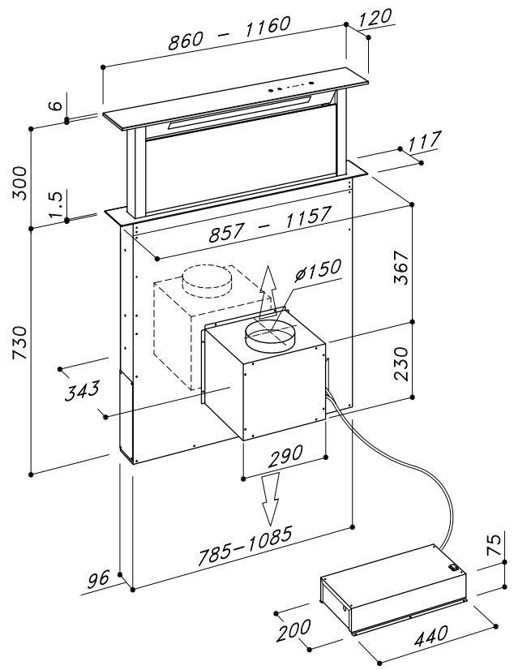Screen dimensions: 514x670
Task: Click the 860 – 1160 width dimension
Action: coord(229,33)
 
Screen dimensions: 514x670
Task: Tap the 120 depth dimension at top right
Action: coord(375,17)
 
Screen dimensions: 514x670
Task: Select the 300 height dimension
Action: coord(19,183)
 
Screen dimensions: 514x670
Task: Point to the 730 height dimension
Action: coord(19,342)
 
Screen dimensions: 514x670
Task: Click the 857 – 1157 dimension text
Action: coord(270,224)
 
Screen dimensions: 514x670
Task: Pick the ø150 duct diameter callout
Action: coord(318,269)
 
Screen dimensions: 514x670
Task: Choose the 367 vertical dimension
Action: coord(401,267)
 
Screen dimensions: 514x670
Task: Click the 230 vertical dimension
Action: coord(401,363)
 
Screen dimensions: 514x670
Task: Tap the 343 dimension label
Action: coord(82,390)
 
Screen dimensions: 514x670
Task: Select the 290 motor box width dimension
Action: coord(285,456)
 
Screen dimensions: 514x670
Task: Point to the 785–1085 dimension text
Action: coord(245,546)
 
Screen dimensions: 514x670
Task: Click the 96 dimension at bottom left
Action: coord(99,579)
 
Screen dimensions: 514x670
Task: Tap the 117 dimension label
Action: coord(424,142)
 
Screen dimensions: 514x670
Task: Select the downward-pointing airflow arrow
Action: coord(270,499)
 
